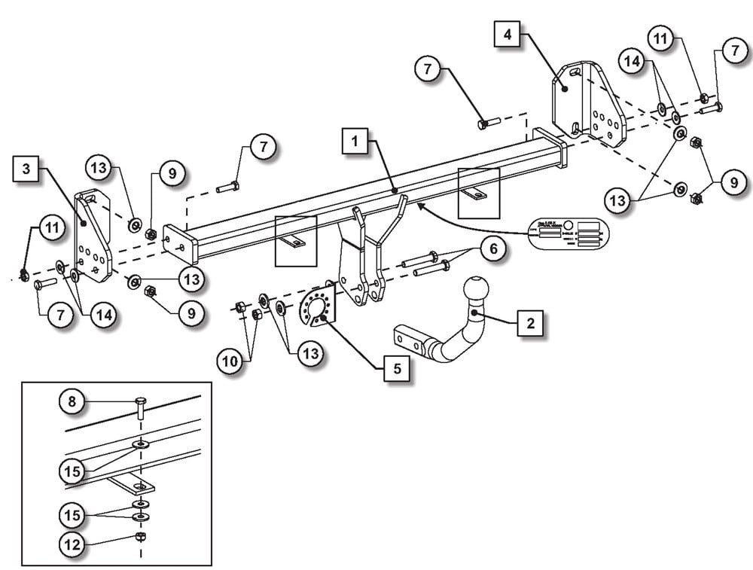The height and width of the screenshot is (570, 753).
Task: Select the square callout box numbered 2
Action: [530, 324]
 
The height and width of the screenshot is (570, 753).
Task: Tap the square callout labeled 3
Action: [26, 169]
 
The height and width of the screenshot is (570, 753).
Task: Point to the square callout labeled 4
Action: [507, 35]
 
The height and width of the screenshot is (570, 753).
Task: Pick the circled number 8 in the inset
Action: [72, 402]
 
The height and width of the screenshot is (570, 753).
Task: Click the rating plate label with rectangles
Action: [569, 234]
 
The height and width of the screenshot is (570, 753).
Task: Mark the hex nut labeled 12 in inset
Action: [139, 536]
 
